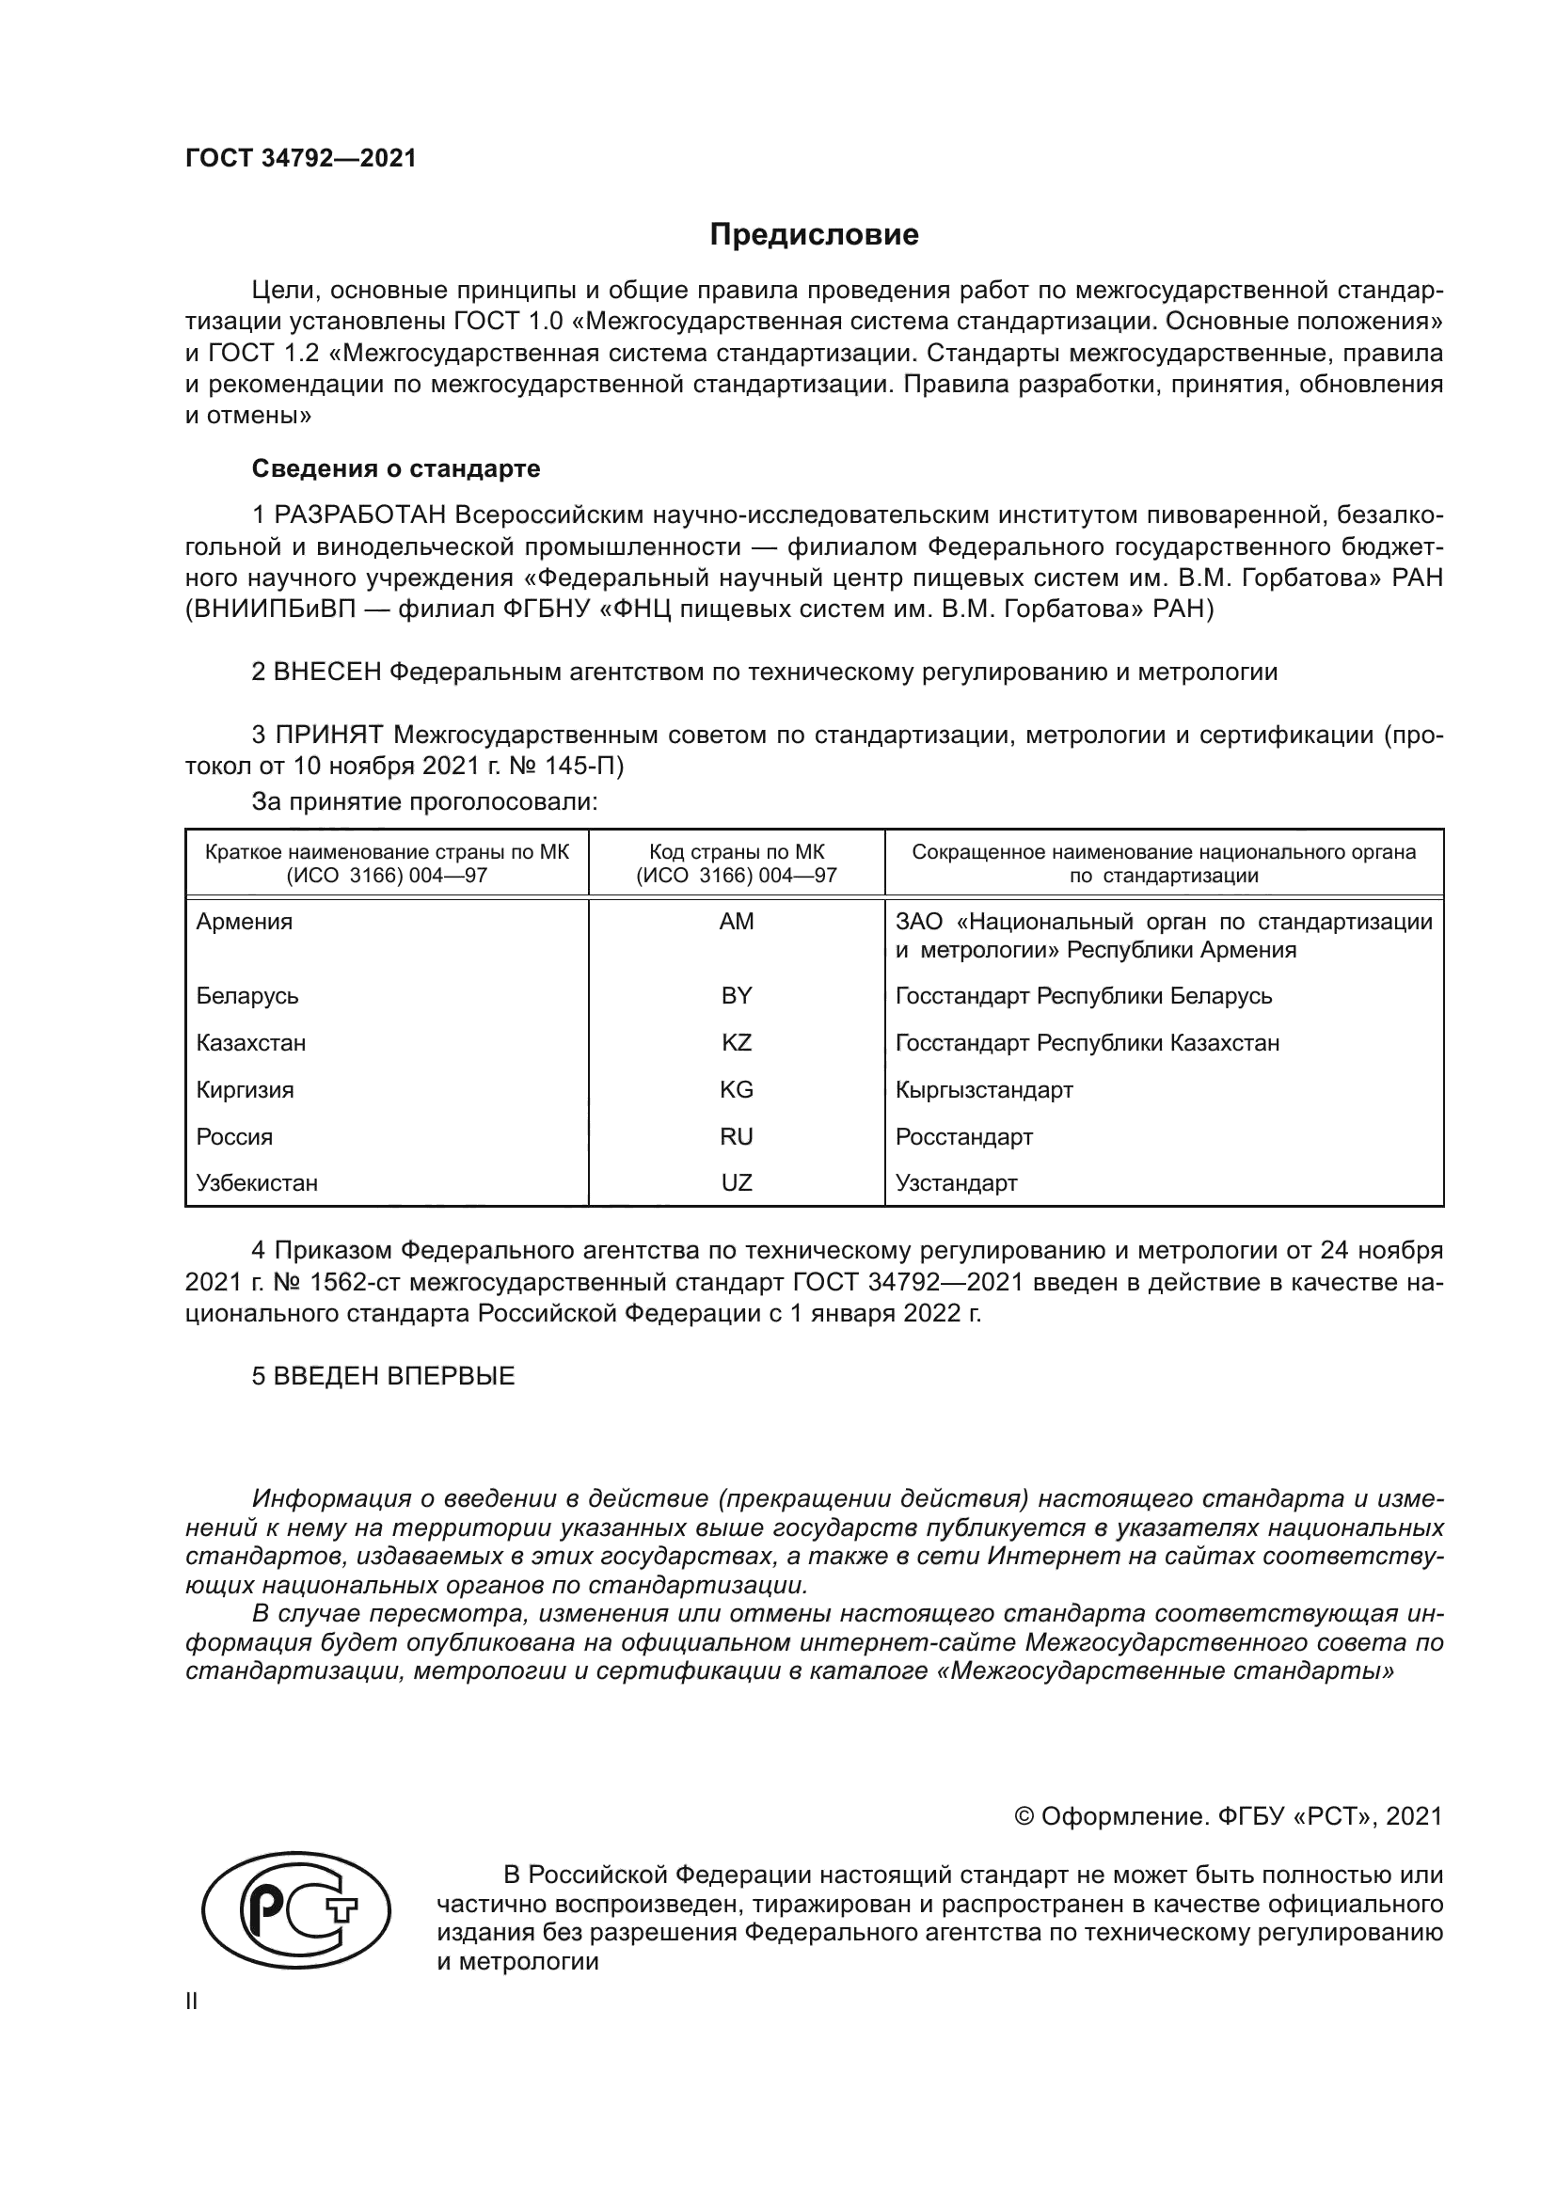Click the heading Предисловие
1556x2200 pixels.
pos(814,235)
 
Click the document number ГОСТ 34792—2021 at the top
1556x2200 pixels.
pos(301,159)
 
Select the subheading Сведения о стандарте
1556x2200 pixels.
pos(396,468)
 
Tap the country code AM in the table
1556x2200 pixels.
pos(736,921)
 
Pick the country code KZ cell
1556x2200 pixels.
pos(736,1042)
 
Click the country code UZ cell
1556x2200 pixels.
pos(736,1182)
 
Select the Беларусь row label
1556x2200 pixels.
pos(247,995)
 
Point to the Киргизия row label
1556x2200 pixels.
pos(245,1089)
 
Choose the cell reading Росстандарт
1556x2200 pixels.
pos(963,1136)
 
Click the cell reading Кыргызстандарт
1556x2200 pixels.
pos(983,1089)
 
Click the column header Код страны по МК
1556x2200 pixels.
pos(736,852)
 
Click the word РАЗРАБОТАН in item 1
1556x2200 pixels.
pos(360,515)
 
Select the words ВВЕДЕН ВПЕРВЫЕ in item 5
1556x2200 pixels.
pos(394,1376)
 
